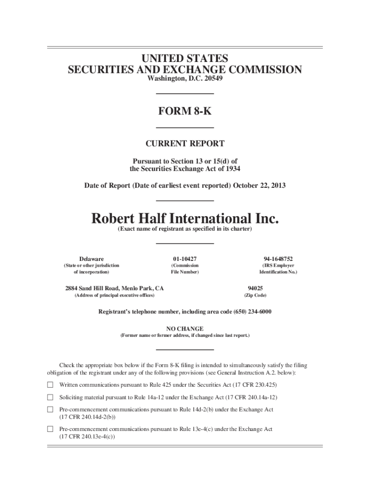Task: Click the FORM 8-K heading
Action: (x=185, y=111)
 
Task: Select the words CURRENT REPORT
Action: (x=185, y=143)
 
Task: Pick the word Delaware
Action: (x=91, y=258)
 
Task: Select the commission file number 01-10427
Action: (x=185, y=258)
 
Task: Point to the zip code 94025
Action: (x=255, y=288)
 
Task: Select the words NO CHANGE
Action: (x=185, y=329)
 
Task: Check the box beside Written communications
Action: (x=50, y=385)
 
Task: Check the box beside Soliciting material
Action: (x=50, y=397)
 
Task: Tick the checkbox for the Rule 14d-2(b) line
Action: (x=50, y=409)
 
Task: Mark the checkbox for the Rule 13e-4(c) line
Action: (x=50, y=429)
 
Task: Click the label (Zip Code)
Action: (x=255, y=295)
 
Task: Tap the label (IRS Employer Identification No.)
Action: (x=278, y=269)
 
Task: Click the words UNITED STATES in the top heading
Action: (x=185, y=59)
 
